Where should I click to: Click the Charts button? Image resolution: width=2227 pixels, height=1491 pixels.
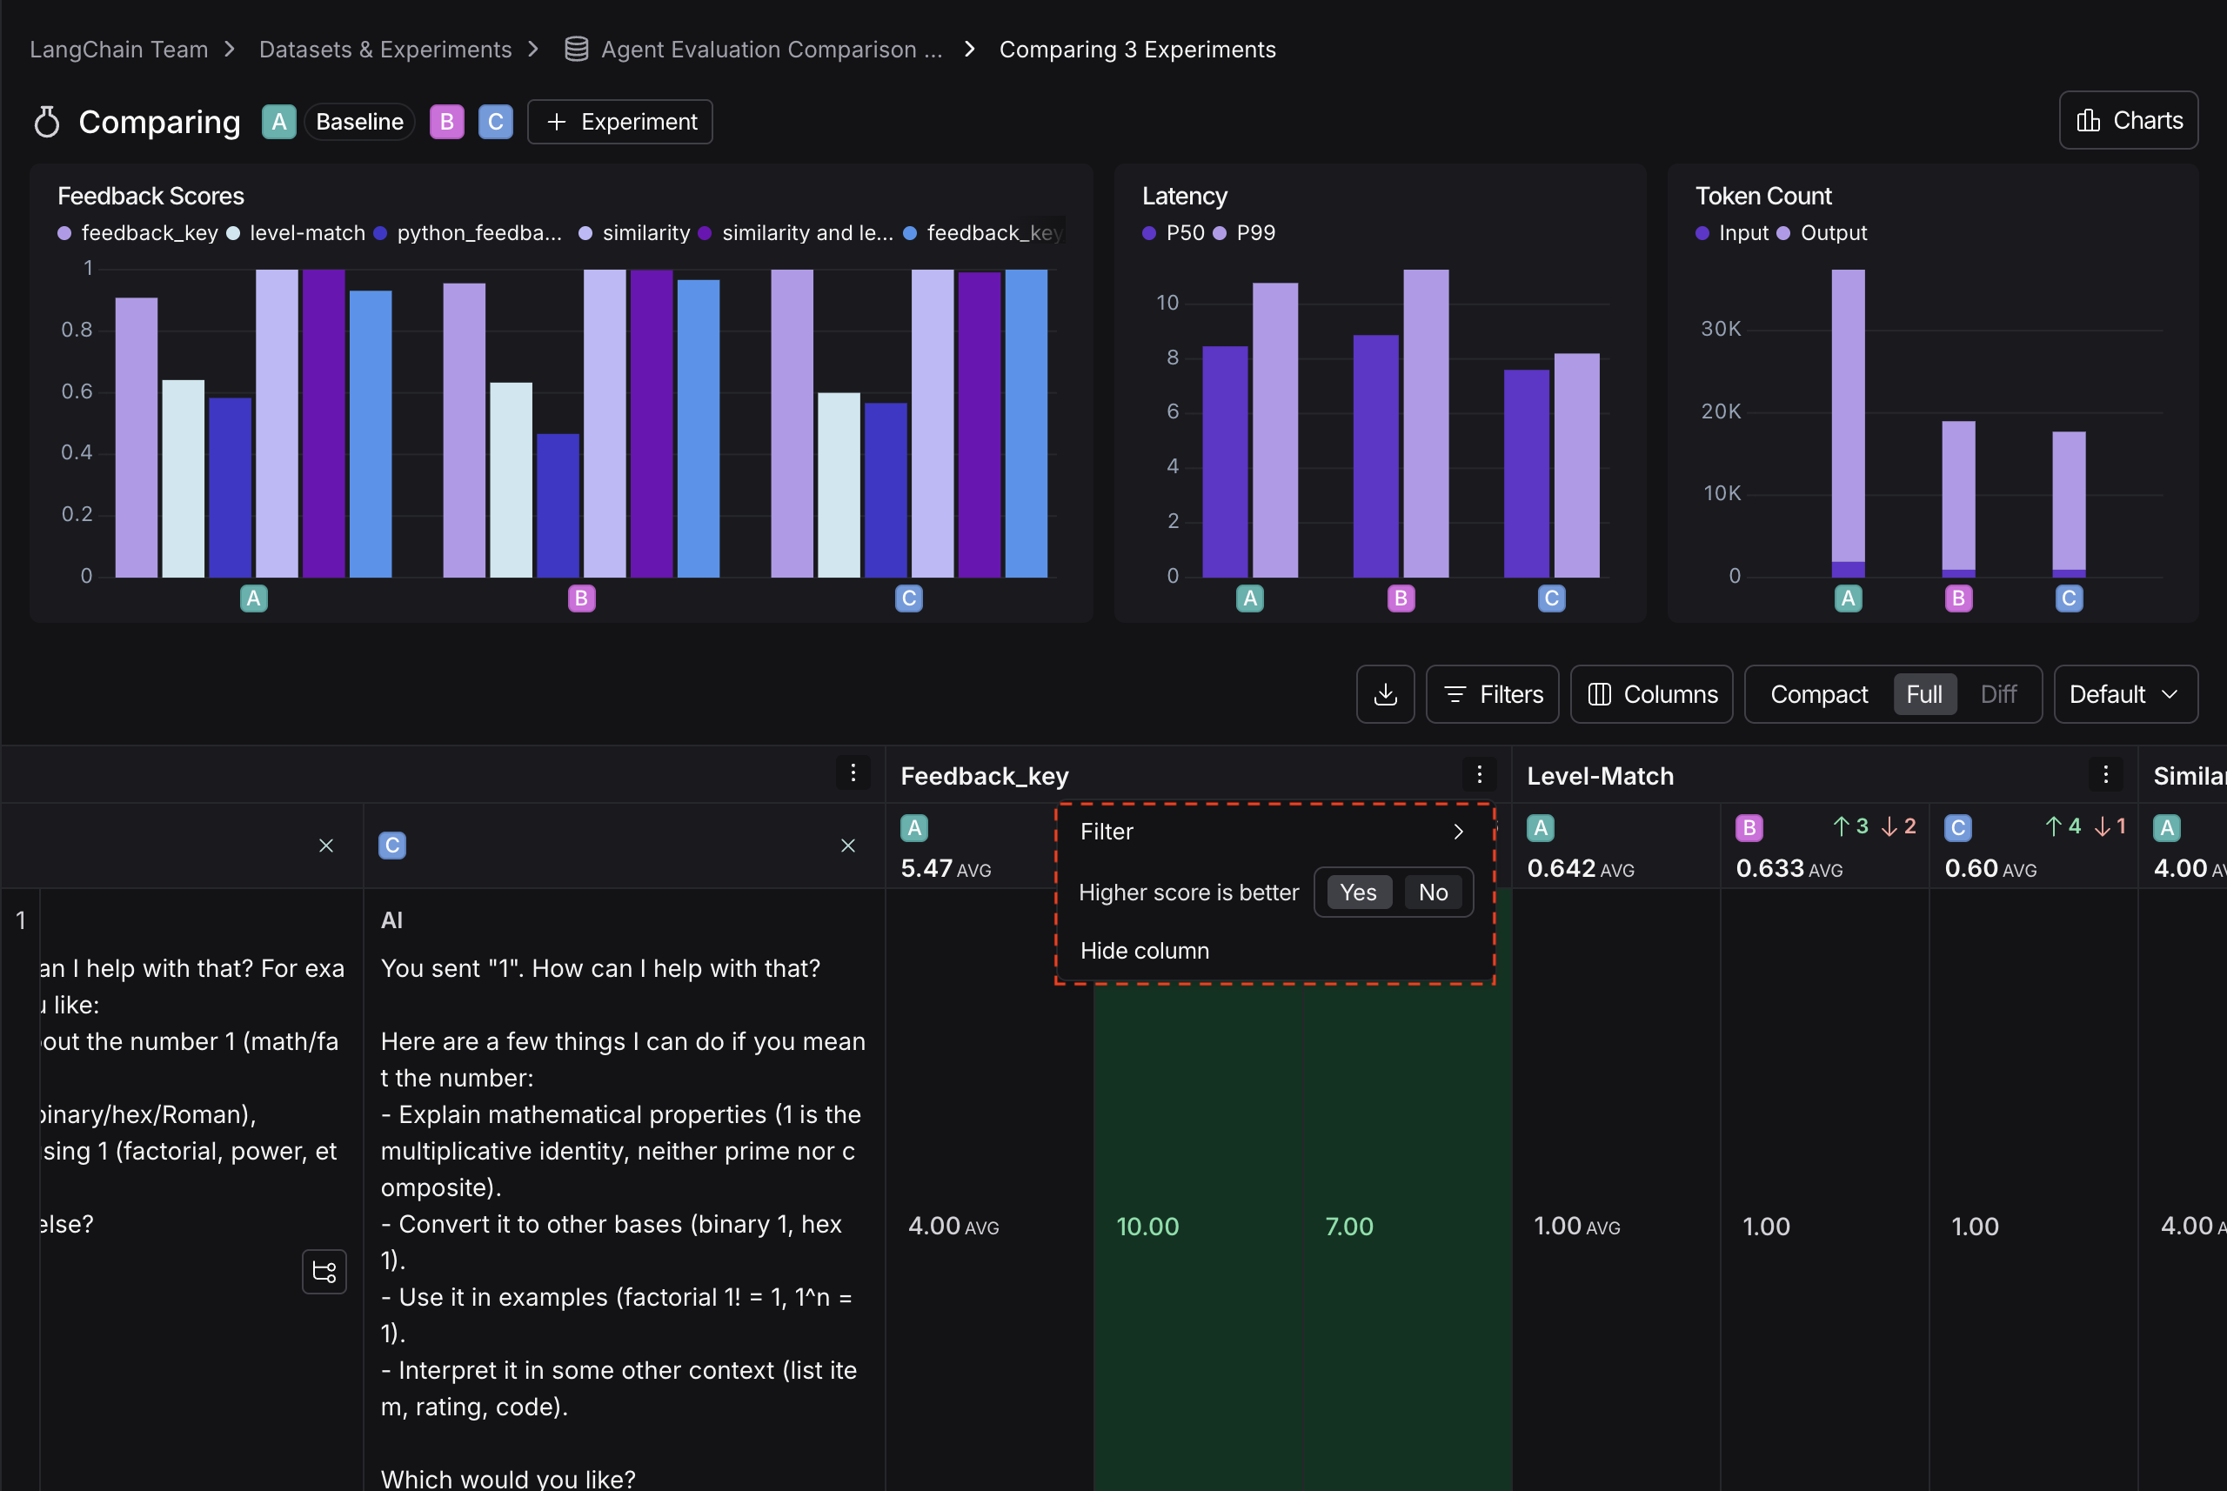coord(2128,121)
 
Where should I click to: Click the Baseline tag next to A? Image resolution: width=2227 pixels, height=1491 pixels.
coord(359,122)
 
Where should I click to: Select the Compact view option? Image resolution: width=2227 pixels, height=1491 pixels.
coord(1818,694)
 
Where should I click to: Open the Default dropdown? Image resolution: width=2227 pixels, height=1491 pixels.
coord(2124,694)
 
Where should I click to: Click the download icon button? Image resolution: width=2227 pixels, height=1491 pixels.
coord(1385,694)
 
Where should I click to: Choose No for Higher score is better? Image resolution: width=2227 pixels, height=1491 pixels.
coord(1432,892)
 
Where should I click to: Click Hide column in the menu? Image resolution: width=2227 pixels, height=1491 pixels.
coord(1144,950)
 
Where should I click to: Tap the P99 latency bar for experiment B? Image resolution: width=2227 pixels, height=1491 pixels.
coord(1426,423)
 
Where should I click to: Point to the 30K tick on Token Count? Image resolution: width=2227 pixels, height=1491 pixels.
coord(1720,329)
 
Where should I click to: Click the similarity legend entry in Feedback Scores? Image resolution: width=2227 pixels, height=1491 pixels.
coord(645,233)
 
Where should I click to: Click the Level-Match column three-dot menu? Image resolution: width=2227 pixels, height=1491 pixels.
coord(2104,775)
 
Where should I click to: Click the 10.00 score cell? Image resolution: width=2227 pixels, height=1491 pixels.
coord(1147,1226)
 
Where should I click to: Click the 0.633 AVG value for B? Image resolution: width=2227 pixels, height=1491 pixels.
coord(1788,868)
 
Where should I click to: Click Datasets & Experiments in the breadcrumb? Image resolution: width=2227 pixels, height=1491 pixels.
coord(385,50)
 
